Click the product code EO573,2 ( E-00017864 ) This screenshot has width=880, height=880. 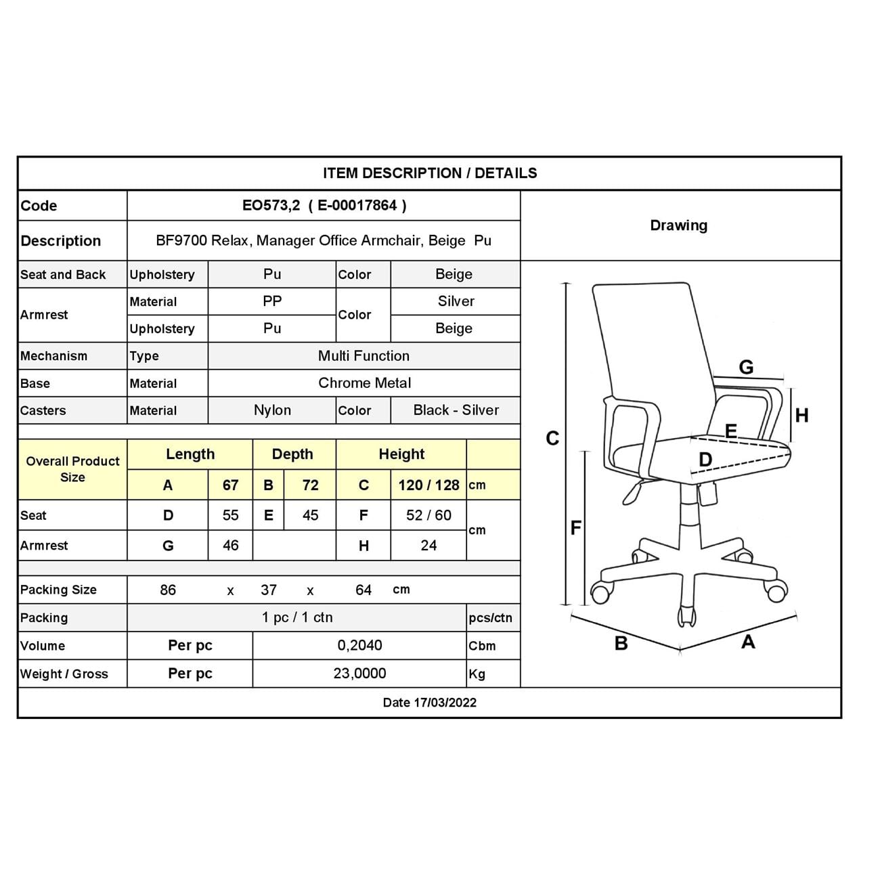[x=324, y=206]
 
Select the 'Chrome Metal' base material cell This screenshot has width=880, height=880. [x=364, y=383]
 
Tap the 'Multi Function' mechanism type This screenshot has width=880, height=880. [x=364, y=356]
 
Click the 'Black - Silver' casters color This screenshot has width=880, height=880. [x=456, y=410]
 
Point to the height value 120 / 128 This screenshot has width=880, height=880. [x=428, y=485]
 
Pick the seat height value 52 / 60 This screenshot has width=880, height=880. [x=428, y=515]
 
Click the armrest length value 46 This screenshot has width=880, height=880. [x=230, y=546]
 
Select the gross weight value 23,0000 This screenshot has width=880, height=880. [x=359, y=674]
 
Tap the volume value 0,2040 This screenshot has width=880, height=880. [x=359, y=645]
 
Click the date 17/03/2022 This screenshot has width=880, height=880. [x=429, y=703]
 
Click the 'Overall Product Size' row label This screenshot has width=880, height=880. [x=72, y=469]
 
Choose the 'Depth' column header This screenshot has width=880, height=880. [x=292, y=454]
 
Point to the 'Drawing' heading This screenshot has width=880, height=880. [x=678, y=225]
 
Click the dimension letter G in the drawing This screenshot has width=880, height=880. [x=746, y=367]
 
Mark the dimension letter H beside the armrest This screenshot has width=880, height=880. [x=801, y=416]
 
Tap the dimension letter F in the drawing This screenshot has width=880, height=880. [x=575, y=527]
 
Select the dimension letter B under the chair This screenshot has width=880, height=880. [x=621, y=643]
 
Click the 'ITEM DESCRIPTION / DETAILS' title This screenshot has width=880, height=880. [x=430, y=173]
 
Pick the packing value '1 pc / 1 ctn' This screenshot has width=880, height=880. [x=297, y=617]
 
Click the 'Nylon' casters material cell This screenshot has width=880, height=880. [x=272, y=410]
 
